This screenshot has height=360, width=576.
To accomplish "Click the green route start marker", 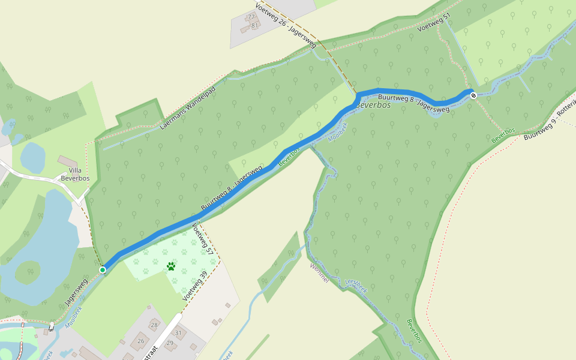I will pos(103,270).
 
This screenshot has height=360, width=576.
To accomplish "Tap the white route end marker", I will pos(473,94).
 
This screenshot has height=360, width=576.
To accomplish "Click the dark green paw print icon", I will pos(172,266).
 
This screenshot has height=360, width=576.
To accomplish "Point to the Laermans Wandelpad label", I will pos(188,109).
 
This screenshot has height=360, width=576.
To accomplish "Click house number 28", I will pos(154,325).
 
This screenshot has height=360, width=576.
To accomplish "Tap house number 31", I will pos(178,332).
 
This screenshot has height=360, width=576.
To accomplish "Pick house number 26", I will pos(141,341).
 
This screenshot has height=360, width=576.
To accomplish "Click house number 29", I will pos(169,343).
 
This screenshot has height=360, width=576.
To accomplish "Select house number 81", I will pos(254,25).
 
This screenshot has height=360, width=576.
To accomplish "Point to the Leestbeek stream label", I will pos(356,285).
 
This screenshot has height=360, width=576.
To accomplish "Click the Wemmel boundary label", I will pos(319,273).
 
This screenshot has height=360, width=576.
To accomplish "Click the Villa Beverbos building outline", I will pos(67,162).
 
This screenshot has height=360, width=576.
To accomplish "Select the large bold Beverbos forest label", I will pos(373,105).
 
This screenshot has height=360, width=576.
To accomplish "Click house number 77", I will pos(251,16).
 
